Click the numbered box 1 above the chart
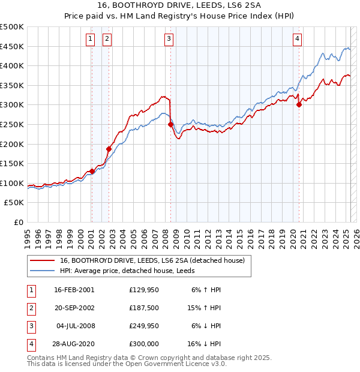90,40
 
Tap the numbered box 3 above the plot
169,40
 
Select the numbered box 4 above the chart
297,40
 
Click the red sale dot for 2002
109,149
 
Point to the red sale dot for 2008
170,125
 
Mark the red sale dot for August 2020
299,105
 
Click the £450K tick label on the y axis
12,46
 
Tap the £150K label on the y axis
12,163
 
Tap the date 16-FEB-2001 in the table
74,290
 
